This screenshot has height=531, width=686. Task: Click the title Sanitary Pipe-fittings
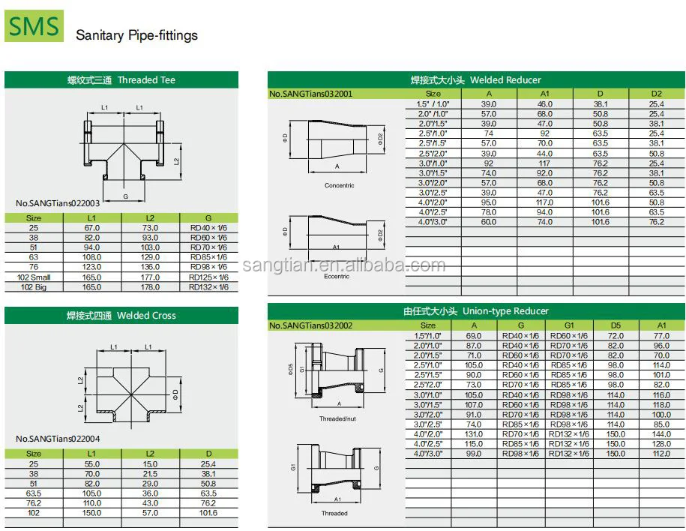[x=136, y=35]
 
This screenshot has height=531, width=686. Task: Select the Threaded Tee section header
[x=121, y=80]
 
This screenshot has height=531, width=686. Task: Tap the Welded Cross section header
[x=121, y=316]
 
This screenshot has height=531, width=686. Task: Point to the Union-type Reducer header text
[x=475, y=311]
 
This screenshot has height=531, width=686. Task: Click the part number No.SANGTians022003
[x=58, y=203]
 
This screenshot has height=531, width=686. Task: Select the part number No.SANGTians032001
[x=310, y=94]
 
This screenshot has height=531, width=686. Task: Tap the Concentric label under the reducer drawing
[x=339, y=185]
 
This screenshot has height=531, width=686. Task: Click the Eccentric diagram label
[x=337, y=277]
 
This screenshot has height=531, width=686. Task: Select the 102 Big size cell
[x=34, y=287]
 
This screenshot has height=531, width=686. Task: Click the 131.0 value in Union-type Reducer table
[x=473, y=434]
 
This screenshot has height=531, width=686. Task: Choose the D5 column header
[x=616, y=325]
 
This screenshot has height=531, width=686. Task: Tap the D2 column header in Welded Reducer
[x=656, y=94]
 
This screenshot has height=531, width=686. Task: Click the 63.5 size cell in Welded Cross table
[x=34, y=493]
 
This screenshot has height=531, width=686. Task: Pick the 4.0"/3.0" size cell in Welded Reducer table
[x=433, y=222]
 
